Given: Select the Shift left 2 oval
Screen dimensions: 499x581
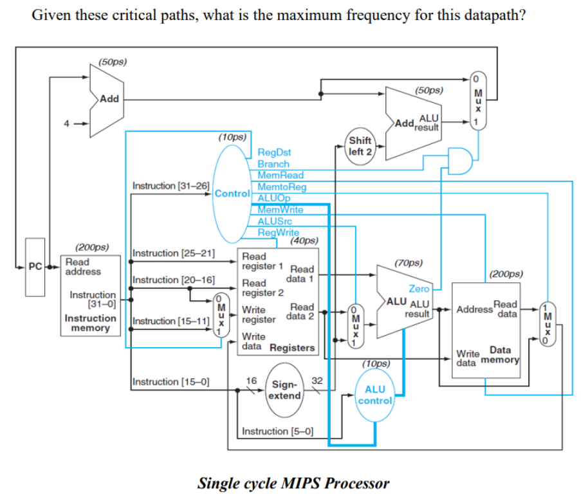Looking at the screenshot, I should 360,146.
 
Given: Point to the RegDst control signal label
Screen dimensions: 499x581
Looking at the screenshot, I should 274,152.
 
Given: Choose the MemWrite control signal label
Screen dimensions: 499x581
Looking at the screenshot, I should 281,210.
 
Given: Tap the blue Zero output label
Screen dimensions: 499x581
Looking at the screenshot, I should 419,289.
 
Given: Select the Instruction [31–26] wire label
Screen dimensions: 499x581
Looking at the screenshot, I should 171,186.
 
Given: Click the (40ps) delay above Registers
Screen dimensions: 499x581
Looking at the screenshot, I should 304,240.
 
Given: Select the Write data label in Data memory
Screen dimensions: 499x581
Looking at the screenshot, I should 467,357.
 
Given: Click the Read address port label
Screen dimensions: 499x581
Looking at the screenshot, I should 83,267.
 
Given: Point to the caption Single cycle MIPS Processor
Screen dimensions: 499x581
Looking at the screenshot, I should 293,482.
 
